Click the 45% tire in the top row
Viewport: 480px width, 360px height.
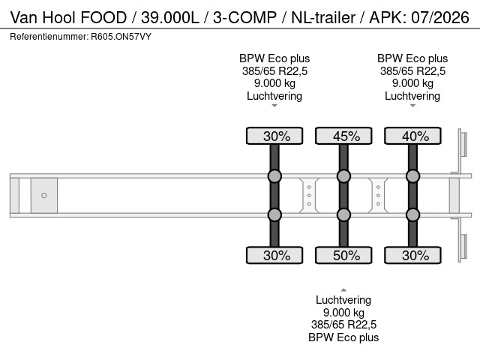click(343, 136)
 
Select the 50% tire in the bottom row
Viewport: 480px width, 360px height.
click(343, 255)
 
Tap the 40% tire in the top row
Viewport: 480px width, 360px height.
click(412, 136)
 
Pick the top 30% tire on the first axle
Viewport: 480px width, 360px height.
click(274, 136)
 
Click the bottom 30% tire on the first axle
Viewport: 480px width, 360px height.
click(274, 255)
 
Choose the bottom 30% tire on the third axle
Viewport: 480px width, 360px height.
click(412, 255)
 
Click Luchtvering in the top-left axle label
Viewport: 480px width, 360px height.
click(274, 96)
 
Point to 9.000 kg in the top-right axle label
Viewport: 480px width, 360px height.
click(412, 83)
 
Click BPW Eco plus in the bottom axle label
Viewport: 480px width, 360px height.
click(343, 337)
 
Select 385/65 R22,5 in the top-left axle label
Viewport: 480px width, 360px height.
click(274, 71)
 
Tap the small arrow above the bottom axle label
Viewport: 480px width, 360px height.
click(343, 289)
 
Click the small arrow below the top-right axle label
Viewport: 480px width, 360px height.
click(412, 106)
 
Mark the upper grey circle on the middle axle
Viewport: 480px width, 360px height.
click(343, 177)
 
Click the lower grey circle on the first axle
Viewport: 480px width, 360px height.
click(274, 214)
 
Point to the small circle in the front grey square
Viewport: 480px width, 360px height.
click(44, 196)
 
